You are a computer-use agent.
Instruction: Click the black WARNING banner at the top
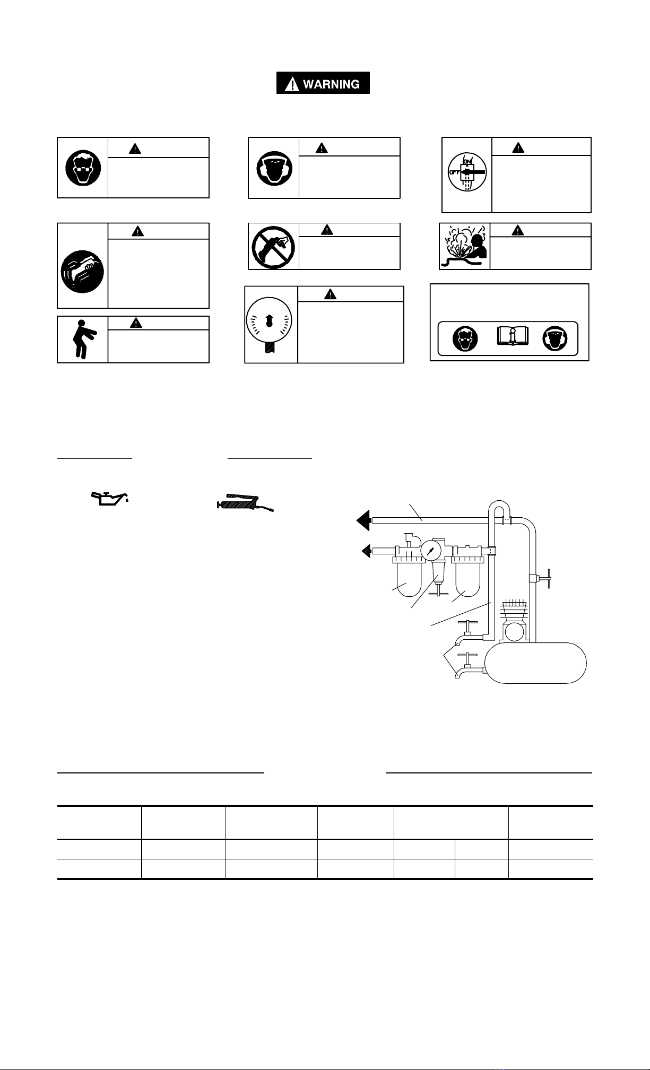[323, 83]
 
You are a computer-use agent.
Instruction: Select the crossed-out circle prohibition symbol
[273, 247]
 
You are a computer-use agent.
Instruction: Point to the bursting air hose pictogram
[464, 247]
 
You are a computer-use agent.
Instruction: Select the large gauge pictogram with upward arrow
[270, 325]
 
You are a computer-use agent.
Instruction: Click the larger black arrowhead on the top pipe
[364, 520]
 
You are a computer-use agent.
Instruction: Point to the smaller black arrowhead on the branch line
[366, 552]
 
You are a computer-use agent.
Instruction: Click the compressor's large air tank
[536, 663]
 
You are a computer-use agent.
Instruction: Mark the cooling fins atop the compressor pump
[513, 607]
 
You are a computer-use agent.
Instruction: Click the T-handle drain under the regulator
[437, 591]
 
